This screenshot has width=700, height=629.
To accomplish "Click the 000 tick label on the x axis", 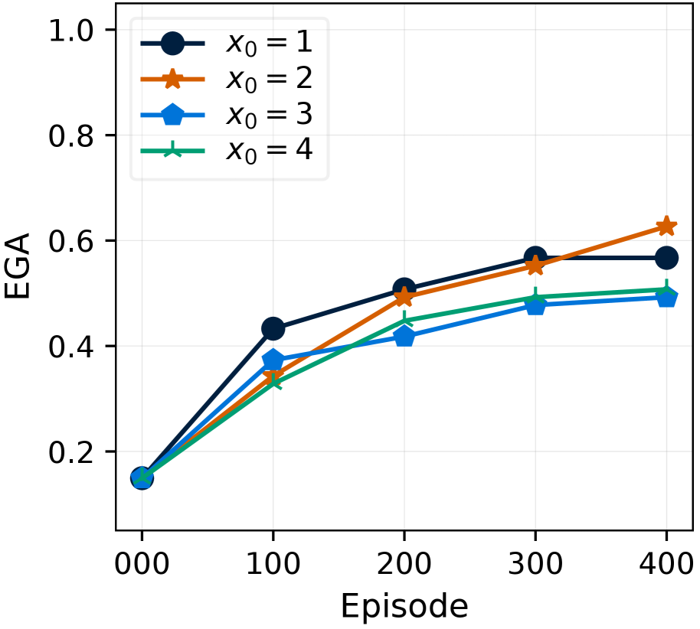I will click(142, 568).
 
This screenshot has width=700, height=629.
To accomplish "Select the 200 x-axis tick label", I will click(404, 568).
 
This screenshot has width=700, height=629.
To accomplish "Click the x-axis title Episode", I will click(404, 607).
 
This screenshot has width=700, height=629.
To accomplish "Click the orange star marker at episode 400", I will click(666, 227).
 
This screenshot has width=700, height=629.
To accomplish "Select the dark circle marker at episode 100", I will click(273, 329).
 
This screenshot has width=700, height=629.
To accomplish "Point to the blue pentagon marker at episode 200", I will click(404, 337).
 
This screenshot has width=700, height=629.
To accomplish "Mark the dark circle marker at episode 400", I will click(666, 258).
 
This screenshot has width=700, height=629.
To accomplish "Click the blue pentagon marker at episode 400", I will click(666, 297).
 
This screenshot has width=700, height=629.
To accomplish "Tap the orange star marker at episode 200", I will click(404, 298).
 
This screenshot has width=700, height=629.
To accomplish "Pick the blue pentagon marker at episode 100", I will click(273, 360).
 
